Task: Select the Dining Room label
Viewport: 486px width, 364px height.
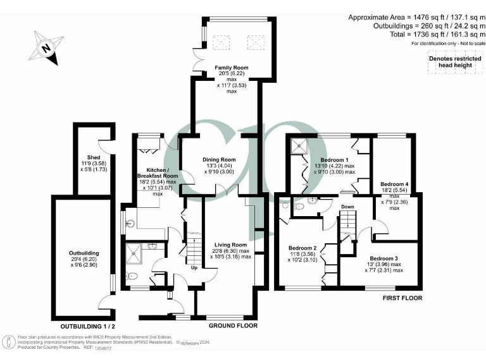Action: pos(219,160)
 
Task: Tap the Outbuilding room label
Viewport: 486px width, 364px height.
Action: pos(84,253)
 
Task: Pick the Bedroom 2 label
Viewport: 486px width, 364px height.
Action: pos(302,248)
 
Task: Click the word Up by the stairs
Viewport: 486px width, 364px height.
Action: pos(194,267)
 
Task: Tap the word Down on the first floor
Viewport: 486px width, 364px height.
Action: pos(347,207)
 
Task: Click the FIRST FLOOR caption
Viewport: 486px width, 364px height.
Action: pos(402,298)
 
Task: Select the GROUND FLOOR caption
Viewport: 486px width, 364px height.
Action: pos(234,326)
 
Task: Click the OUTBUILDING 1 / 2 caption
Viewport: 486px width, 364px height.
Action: pos(87,326)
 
